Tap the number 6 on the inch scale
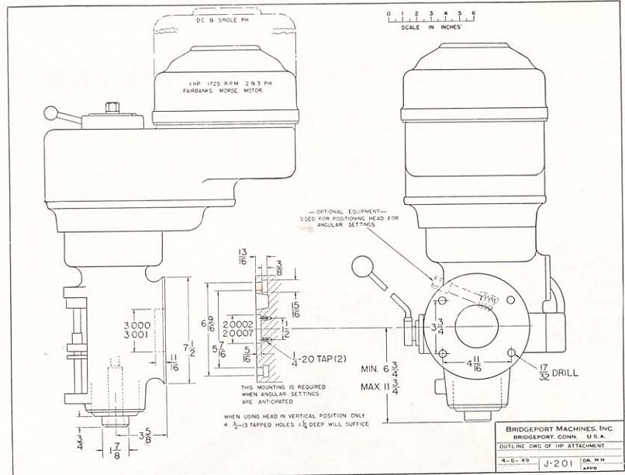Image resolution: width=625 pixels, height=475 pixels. point(472,14)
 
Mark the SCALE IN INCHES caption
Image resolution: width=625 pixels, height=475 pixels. point(430,26)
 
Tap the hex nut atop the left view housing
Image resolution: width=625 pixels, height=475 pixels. point(114,106)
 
